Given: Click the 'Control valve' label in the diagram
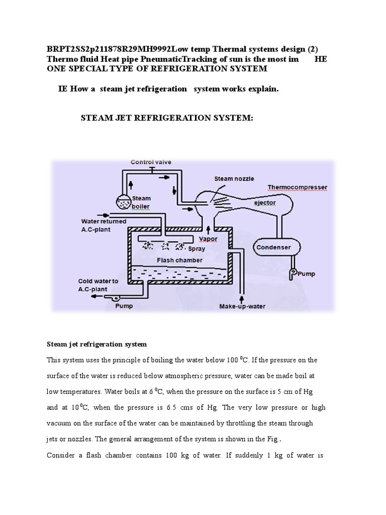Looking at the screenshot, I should [151, 162].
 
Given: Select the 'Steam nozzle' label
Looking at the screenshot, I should [234, 179].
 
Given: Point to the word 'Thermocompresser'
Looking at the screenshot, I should [297, 188].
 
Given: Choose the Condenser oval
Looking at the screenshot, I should [273, 247].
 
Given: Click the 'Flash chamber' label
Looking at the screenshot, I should [179, 260].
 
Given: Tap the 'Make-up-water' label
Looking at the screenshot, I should [242, 306].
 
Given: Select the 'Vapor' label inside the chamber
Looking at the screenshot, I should [208, 238].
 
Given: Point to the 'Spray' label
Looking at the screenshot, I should [196, 248].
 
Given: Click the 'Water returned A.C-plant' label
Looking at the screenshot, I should [104, 224].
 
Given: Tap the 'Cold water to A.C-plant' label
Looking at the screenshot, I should [98, 285].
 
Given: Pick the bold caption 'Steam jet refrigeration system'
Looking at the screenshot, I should [96, 345].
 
